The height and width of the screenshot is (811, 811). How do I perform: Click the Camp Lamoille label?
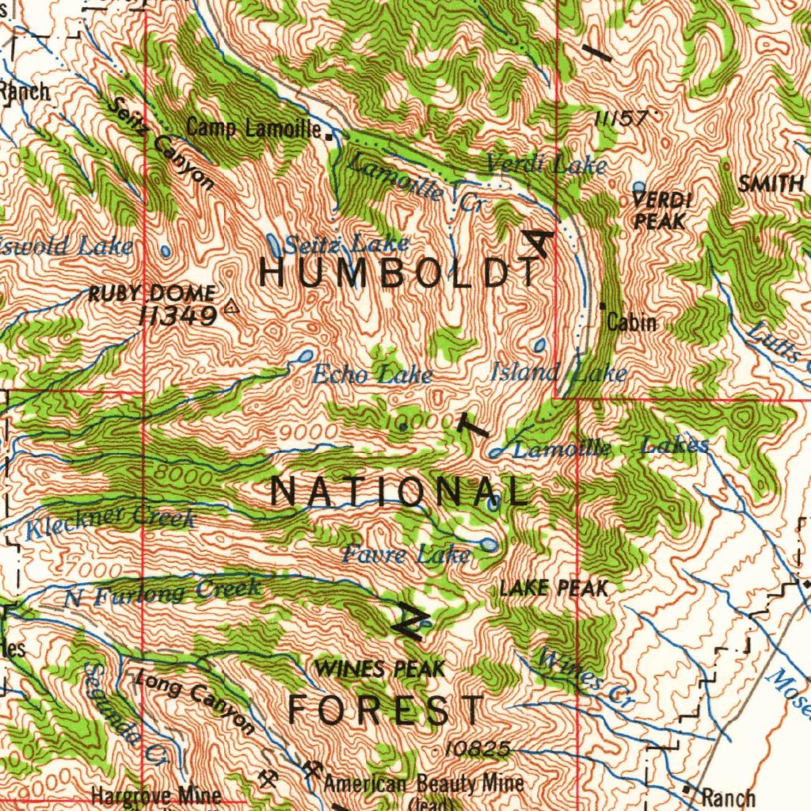253,128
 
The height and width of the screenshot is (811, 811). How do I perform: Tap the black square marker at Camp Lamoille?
329,135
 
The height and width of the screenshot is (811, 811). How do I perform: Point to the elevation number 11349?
177,317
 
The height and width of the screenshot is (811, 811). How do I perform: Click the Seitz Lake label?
347,243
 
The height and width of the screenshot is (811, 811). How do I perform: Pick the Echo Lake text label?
372,375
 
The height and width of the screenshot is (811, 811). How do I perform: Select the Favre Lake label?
405,555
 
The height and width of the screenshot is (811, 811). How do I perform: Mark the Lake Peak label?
554,588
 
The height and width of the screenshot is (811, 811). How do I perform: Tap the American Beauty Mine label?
424,783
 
